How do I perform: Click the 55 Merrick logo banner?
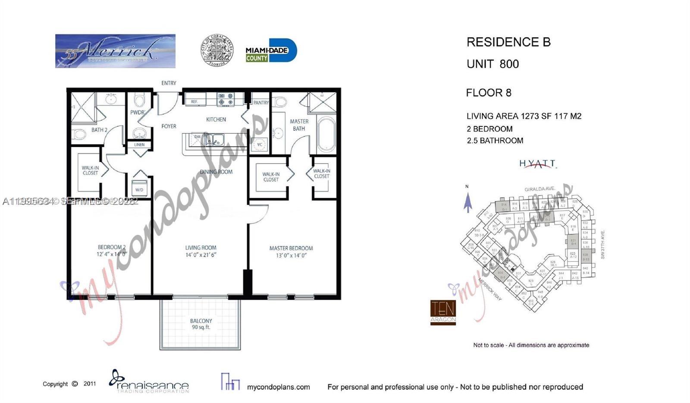[115, 51]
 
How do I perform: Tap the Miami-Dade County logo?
[271, 50]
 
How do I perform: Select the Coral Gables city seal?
[217, 50]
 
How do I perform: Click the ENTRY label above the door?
[169, 83]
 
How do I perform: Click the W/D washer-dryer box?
[139, 189]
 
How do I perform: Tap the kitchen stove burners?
[226, 99]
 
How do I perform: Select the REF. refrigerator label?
[194, 102]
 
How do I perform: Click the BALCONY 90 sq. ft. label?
[201, 324]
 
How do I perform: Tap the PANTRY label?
[261, 103]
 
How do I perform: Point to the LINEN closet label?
[139, 145]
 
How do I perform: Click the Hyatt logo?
[537, 164]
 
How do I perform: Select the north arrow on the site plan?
[467, 202]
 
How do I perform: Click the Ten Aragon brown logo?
[443, 312]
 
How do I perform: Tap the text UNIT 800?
[492, 64]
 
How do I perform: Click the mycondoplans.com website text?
[278, 387]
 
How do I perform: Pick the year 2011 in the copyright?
[90, 384]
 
